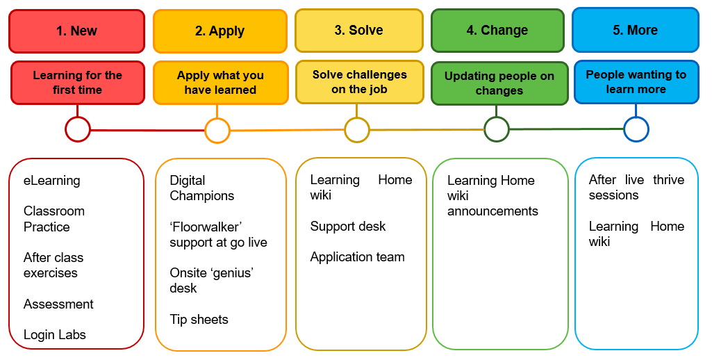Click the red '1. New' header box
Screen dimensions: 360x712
click(x=76, y=31)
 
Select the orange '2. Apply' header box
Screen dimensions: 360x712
click(x=220, y=31)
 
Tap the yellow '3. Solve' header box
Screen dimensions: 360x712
click(x=358, y=30)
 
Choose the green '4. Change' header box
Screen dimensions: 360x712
click(x=497, y=30)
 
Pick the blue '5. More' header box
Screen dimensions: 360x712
click(x=635, y=30)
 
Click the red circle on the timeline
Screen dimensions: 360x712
click(x=78, y=129)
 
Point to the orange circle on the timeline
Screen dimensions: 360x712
click(x=217, y=130)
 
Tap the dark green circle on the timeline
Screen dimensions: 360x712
click(x=496, y=129)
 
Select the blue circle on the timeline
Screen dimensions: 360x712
click(x=636, y=129)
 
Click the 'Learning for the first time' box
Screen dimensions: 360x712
click(x=77, y=83)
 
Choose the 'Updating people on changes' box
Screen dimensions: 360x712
click(x=499, y=83)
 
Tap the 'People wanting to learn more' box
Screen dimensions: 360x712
click(x=636, y=82)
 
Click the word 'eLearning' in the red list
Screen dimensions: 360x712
click(x=52, y=181)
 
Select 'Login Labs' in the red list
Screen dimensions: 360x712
click(x=55, y=334)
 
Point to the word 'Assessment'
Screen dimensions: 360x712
click(x=58, y=304)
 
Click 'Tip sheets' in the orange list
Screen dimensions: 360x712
click(x=199, y=319)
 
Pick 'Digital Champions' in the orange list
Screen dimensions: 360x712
click(x=202, y=188)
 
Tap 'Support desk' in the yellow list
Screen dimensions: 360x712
click(x=348, y=226)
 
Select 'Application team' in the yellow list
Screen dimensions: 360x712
click(x=357, y=256)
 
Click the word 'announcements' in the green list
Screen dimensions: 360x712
click(x=492, y=211)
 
